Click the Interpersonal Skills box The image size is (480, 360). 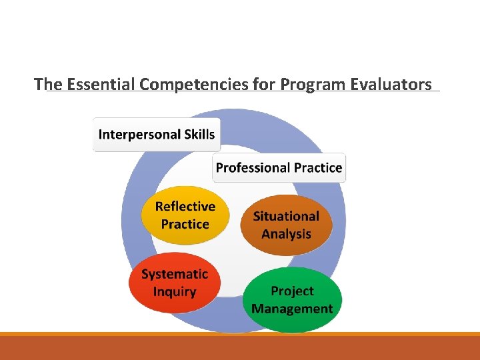click(157, 135)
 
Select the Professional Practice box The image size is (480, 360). click(279, 168)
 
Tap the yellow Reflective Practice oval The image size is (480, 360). click(185, 215)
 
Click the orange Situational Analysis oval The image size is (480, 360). click(286, 225)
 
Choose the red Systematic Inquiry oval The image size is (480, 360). click(174, 283)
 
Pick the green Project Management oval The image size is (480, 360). click(292, 300)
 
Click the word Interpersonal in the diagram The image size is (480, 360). click(138, 135)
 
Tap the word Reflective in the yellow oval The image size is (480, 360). click(185, 207)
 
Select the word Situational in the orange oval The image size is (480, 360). click(286, 216)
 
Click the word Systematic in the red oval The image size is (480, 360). click(175, 274)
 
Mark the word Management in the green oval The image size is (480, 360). click(292, 309)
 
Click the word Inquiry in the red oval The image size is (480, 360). click(174, 292)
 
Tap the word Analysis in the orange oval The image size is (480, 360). click(286, 234)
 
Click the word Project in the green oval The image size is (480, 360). click(292, 291)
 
